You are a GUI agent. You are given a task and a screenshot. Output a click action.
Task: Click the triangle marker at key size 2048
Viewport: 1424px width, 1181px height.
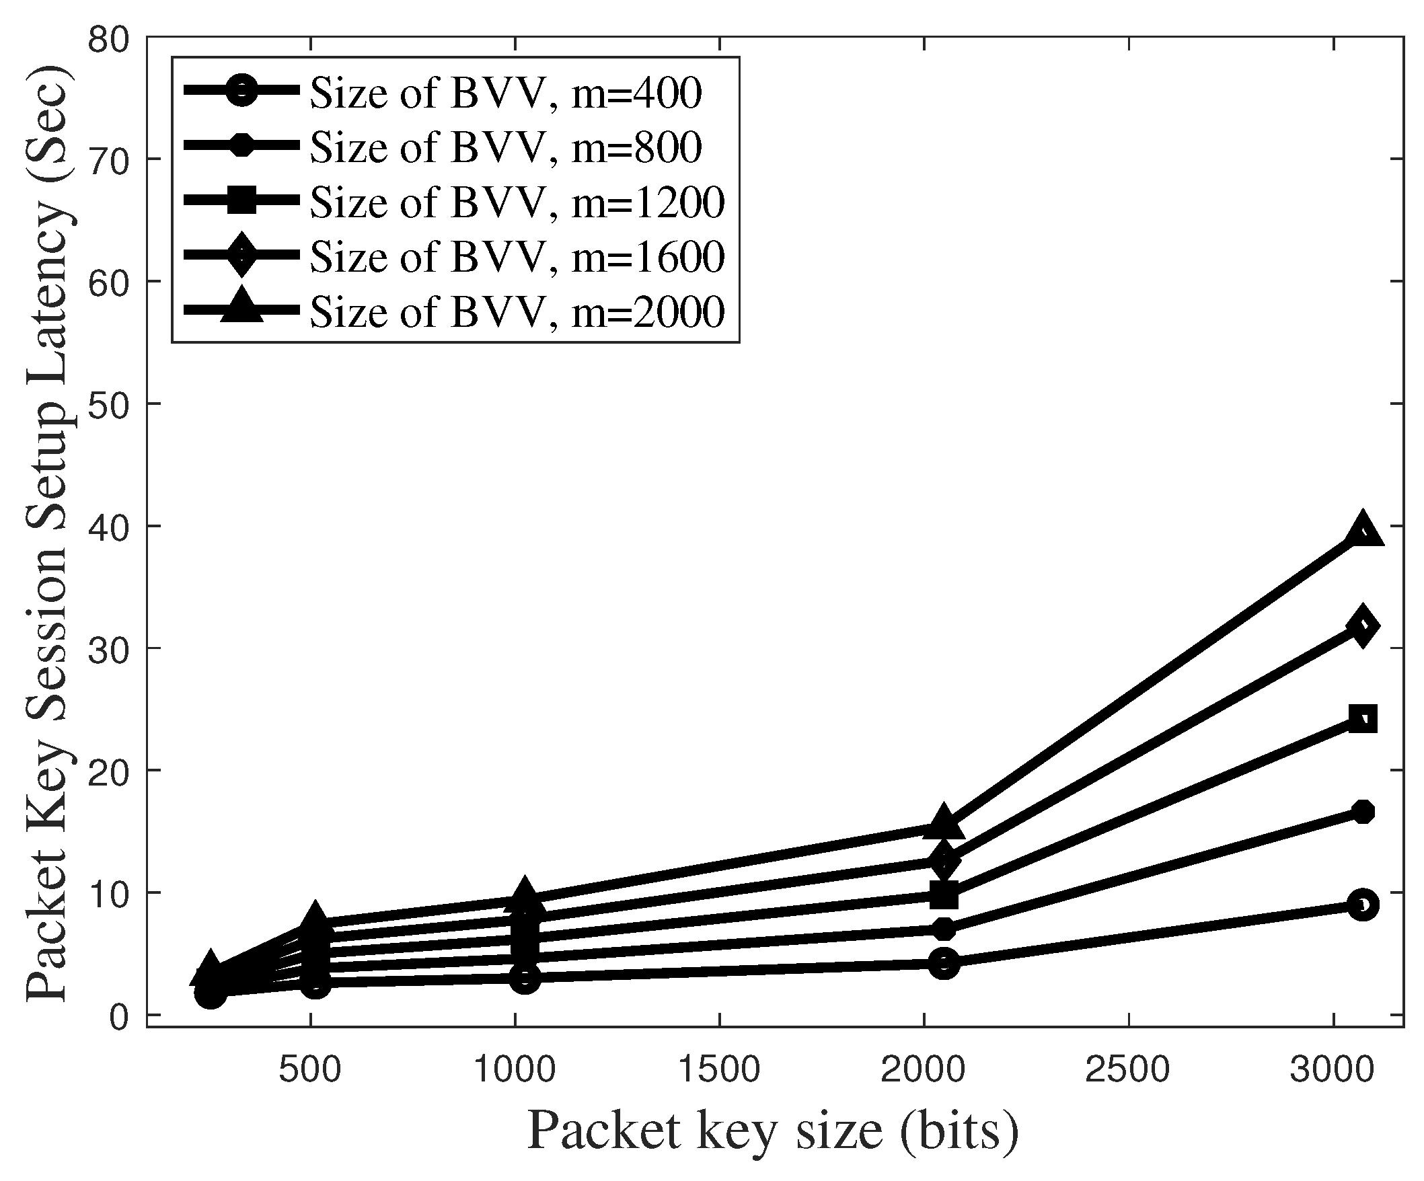pos(944,823)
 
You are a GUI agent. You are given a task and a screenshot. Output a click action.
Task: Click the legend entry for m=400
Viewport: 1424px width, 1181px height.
pos(505,92)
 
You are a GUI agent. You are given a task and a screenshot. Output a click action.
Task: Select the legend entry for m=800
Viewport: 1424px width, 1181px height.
pos(505,147)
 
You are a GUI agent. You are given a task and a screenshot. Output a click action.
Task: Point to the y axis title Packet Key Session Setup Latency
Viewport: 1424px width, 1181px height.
pos(48,535)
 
